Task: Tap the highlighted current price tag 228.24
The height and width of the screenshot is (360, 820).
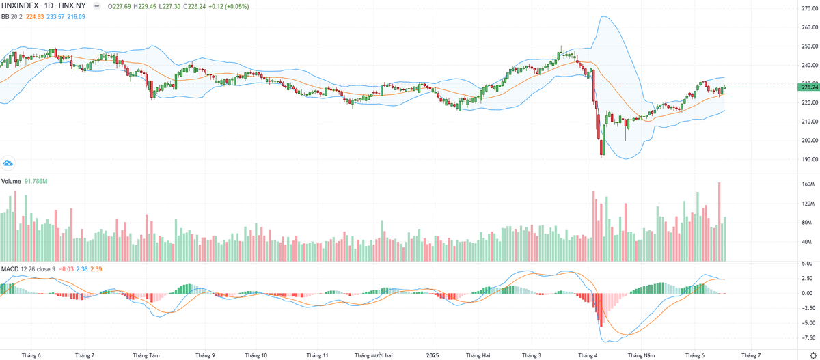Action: [x=809, y=87]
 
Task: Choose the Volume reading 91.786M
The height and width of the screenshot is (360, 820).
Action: [x=35, y=181]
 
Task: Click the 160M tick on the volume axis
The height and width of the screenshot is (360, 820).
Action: [x=808, y=184]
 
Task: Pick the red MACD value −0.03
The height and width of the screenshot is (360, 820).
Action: [x=67, y=268]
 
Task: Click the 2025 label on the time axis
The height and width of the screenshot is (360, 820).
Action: [x=432, y=355]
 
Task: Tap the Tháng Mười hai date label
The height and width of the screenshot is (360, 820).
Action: [x=374, y=355]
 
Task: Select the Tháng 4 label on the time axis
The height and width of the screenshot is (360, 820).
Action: [x=587, y=355]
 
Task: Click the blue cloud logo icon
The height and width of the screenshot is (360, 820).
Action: [x=8, y=163]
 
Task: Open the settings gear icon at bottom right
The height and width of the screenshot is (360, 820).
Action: [x=812, y=355]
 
